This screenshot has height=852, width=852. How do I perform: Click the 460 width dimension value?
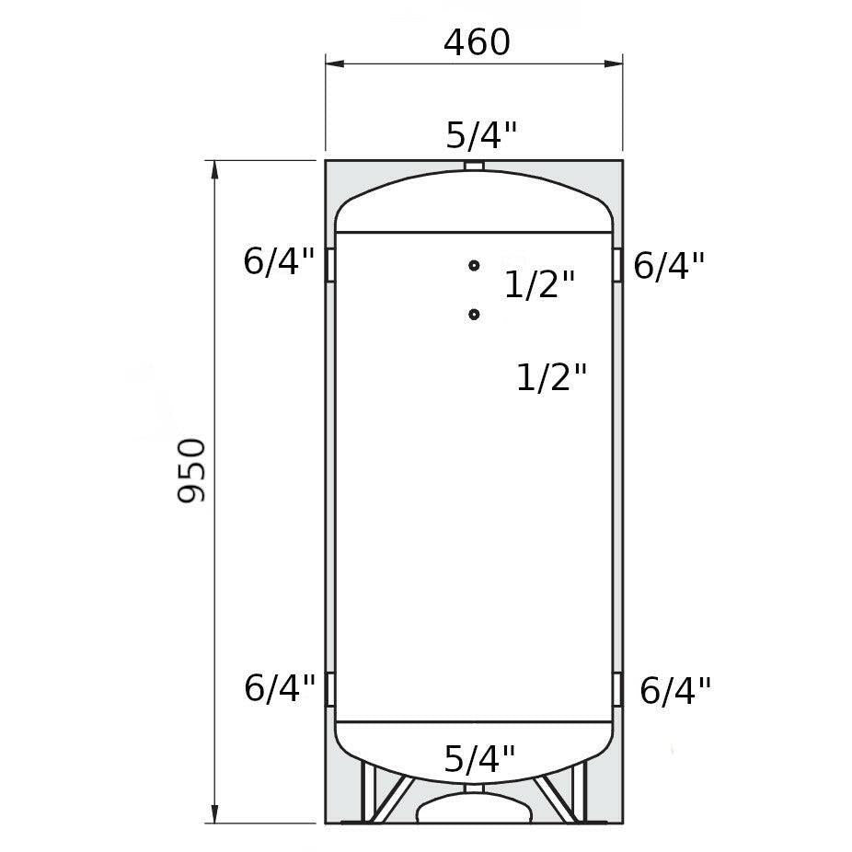pos(478,42)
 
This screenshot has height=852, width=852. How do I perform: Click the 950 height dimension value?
pos(191,470)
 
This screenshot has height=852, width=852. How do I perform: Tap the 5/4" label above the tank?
pos(481,135)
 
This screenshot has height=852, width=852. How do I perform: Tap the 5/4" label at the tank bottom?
pos(479,758)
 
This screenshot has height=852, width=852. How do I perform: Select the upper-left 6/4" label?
pos(279,261)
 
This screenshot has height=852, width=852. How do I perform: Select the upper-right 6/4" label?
pos(669,266)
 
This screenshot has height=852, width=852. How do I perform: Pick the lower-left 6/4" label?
pos(280,688)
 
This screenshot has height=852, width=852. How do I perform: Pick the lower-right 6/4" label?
pos(675,691)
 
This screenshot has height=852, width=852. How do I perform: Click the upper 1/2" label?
pos(539,284)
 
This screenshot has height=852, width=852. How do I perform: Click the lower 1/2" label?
pos(551,377)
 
